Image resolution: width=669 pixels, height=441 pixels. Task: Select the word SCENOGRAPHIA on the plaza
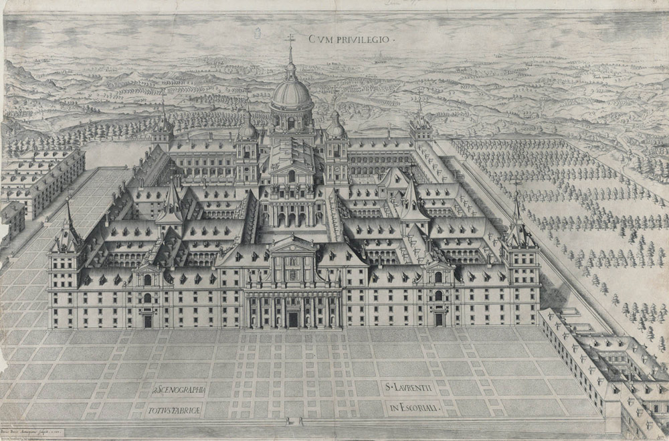click(180, 388)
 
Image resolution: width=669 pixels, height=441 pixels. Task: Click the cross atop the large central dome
click(290, 39)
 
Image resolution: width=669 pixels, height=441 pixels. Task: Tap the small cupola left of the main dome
click(247, 127)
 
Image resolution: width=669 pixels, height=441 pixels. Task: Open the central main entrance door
click(292, 319)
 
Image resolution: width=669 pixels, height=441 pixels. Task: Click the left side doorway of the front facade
click(147, 320)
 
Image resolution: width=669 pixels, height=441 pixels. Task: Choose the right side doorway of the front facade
click(438, 319)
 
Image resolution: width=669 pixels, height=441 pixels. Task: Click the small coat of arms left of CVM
click(260, 33)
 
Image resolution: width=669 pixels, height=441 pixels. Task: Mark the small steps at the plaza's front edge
click(292, 421)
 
